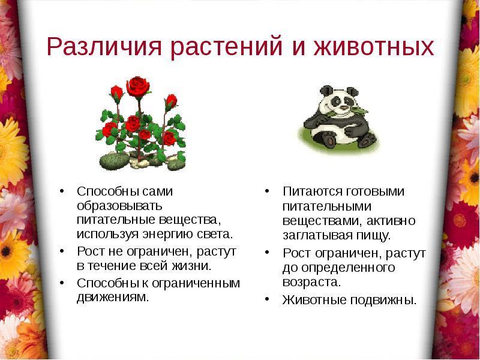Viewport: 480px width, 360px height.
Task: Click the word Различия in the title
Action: click(104, 47)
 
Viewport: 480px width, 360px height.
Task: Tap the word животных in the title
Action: click(374, 47)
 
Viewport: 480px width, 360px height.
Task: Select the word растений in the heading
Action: click(226, 47)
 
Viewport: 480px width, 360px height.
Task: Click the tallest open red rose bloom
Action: click(138, 86)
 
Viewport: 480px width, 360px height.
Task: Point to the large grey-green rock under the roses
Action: click(114, 161)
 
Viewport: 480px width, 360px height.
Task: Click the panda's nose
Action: click(344, 107)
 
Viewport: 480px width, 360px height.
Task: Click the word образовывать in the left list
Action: click(119, 206)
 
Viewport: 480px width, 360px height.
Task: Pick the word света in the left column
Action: click(218, 235)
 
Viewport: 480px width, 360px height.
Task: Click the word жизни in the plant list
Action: click(191, 266)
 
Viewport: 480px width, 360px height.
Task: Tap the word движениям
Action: click(113, 297)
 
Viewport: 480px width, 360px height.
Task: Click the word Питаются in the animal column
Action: click(312, 191)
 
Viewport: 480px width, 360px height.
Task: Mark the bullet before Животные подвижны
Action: click(267, 299)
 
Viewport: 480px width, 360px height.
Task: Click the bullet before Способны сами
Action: click(62, 191)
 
